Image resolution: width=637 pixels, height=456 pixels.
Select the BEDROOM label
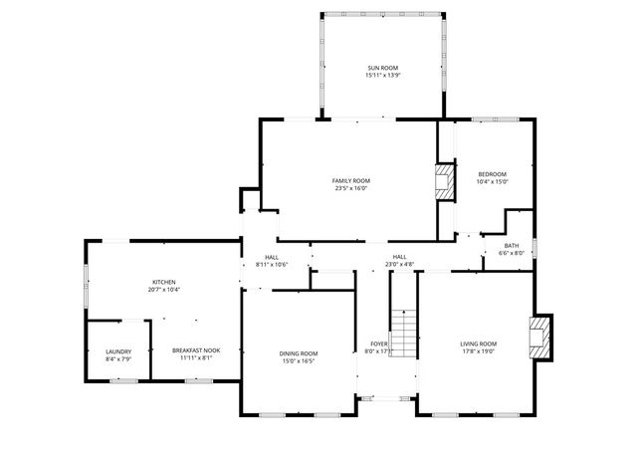pos(492,174)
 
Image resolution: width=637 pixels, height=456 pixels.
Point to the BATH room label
pos(511,246)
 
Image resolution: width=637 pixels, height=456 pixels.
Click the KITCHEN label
pos(163,282)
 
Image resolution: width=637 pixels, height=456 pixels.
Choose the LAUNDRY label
pos(118,350)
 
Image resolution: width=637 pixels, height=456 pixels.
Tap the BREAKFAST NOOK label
pos(196,350)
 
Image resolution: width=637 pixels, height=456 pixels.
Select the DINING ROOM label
pos(298,353)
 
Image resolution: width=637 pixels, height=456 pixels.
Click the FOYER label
pos(379,343)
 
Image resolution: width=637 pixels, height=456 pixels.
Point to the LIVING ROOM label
pos(478,343)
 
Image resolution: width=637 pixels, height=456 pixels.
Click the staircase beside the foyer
pos(403,339)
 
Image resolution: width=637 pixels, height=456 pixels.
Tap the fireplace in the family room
pos(443,182)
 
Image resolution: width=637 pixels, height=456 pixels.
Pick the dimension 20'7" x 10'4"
pos(163,290)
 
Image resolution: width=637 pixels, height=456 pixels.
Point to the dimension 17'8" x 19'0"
pos(478,351)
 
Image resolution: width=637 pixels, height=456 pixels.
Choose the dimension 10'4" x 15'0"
pos(492,182)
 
